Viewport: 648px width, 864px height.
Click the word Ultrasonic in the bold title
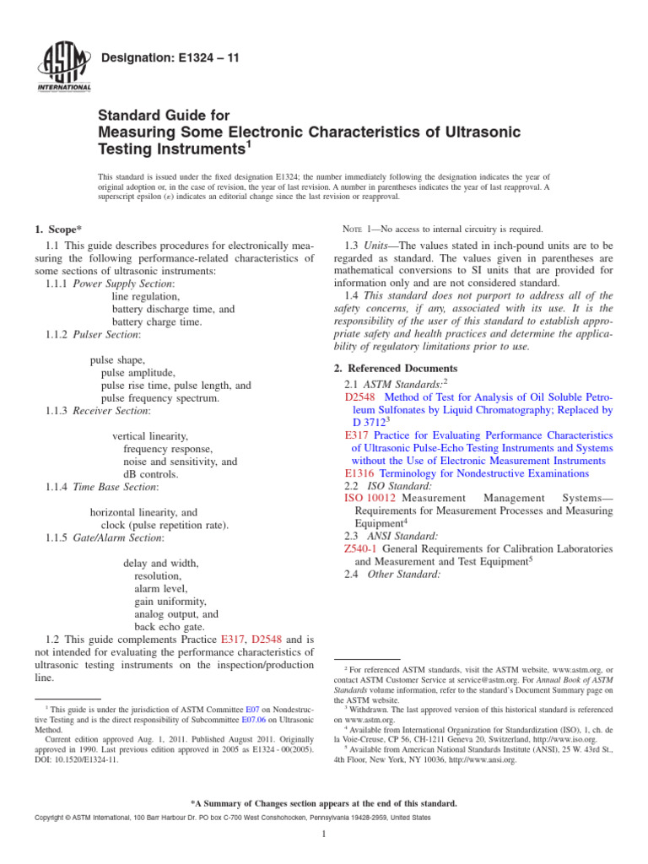[x=480, y=132]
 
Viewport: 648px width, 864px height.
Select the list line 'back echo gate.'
[x=170, y=628]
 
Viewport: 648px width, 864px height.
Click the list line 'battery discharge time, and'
[x=173, y=309]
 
